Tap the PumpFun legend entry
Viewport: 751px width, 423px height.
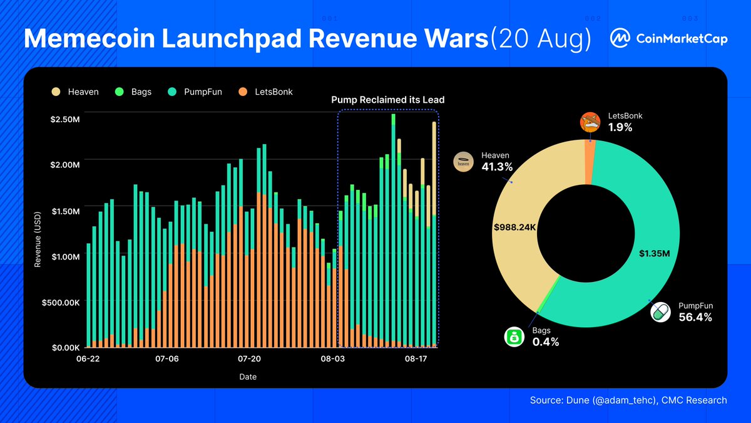[195, 91]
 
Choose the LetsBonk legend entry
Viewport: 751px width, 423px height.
[265, 91]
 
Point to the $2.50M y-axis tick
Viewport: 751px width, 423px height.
[64, 119]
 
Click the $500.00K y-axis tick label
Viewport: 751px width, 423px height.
[61, 302]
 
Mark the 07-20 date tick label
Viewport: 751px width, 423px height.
[250, 359]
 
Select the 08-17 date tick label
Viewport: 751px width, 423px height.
[416, 359]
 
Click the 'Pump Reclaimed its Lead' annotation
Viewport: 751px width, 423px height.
[387, 100]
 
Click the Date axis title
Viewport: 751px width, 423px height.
[247, 377]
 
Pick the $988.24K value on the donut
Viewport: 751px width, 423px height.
[515, 227]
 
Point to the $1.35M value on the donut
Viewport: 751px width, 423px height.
[655, 254]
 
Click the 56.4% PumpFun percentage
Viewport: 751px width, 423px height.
[695, 317]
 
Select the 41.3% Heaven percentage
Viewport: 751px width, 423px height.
[497, 167]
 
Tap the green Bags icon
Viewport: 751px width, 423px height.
[514, 337]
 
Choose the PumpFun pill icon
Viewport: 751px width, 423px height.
[660, 312]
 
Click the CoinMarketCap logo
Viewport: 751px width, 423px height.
[668, 38]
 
